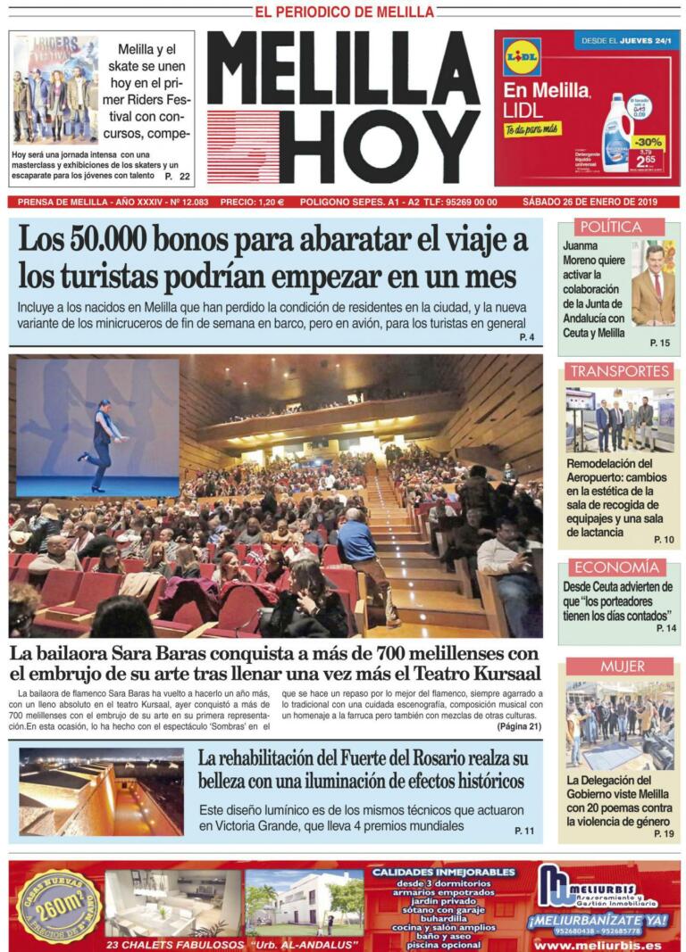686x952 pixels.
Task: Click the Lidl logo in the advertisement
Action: point(522,56)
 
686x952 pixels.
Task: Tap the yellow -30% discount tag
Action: point(649,143)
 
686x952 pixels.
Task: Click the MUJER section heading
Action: point(622,666)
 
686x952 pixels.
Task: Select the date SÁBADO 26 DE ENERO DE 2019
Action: point(590,202)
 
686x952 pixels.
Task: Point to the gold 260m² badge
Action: point(59,905)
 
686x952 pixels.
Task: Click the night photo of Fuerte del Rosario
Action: point(101,792)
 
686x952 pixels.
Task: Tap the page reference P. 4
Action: point(526,337)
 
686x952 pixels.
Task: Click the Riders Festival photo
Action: point(55,89)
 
